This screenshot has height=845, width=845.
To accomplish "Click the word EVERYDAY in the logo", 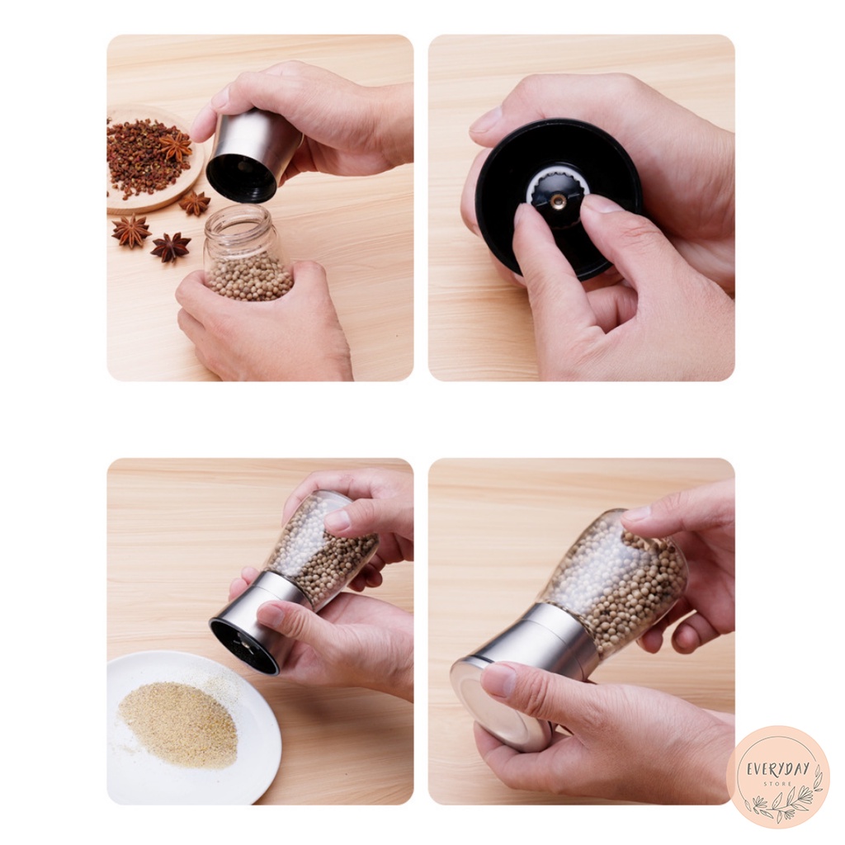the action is (777, 768).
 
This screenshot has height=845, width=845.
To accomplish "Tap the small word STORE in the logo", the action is (778, 784).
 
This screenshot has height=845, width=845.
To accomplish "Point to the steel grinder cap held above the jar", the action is (251, 153).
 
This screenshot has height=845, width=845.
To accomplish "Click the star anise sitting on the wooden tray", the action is (177, 146).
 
